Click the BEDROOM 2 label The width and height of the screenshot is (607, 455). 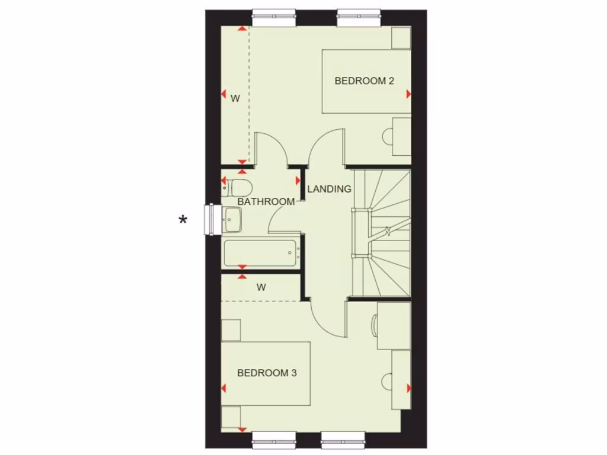coord(364,81)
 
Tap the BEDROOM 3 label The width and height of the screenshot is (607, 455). coord(267,373)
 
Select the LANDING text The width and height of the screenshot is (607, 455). coord(329,190)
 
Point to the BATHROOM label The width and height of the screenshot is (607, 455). coord(266,202)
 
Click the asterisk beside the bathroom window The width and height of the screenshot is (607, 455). coord(183,220)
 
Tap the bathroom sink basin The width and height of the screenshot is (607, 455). coord(232,220)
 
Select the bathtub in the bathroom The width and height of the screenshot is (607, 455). coord(260,253)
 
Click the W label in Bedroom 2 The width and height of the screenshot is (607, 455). coord(235,99)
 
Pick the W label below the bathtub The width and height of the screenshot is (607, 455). coord(261,287)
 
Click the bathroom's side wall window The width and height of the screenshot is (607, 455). coord(210,219)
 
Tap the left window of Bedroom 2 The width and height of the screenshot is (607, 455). coord(274,18)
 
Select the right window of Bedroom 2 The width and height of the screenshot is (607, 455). coord(359,18)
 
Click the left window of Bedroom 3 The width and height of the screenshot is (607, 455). coord(273,437)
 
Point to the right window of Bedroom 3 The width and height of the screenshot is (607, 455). coord(343,437)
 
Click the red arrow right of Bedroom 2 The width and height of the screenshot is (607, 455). coord(409,94)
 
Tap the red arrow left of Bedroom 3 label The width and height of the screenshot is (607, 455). coord(223,389)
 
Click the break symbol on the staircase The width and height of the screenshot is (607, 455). coord(388,230)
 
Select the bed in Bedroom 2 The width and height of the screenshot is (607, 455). coord(366,81)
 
